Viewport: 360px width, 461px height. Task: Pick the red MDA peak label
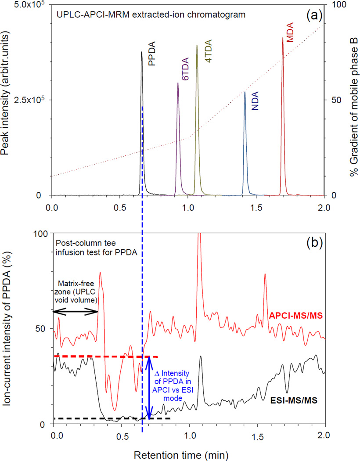(x=290, y=32)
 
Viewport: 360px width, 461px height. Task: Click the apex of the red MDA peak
(x=282, y=38)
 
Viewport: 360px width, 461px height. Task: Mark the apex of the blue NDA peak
(x=245, y=92)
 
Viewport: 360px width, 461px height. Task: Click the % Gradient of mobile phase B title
(x=353, y=100)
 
